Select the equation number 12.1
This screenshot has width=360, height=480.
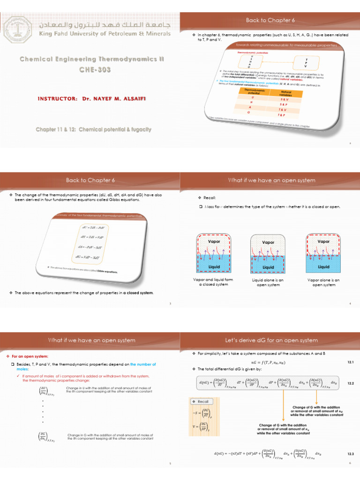(x=350, y=362)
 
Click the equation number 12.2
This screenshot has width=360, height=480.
(x=350, y=383)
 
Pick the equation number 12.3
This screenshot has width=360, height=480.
(x=350, y=454)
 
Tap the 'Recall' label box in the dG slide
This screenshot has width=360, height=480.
(x=200, y=402)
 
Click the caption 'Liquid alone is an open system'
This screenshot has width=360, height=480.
(x=268, y=282)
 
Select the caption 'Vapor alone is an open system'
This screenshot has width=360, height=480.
(x=323, y=282)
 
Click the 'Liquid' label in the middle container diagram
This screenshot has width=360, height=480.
(x=268, y=267)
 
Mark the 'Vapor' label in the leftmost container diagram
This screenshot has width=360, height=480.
(x=214, y=241)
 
